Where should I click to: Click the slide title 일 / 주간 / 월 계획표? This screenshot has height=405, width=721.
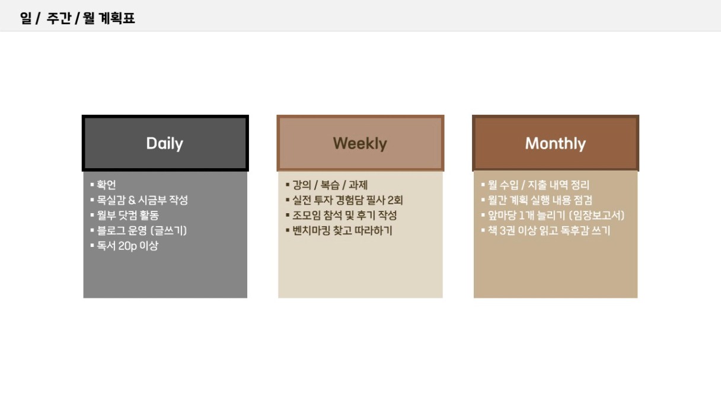coord(77,18)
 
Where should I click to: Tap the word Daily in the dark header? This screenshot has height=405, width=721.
coord(164,144)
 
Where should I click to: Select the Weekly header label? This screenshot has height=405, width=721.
coord(360,143)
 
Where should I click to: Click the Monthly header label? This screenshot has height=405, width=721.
coord(555,144)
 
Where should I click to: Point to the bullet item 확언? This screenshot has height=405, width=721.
coord(106,185)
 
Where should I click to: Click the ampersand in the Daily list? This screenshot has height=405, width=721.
coord(132,200)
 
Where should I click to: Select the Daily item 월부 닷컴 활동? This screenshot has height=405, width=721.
coord(128,216)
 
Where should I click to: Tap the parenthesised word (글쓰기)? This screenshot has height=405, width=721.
coord(168,230)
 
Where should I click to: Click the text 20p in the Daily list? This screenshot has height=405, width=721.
coord(127,246)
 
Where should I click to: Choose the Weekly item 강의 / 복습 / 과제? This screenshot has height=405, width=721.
coord(330,185)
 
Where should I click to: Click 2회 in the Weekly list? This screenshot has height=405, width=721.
coord(395,200)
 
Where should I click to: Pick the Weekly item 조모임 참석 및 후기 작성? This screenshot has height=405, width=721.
coord(344,216)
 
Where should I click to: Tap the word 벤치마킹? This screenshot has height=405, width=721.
coord(311,230)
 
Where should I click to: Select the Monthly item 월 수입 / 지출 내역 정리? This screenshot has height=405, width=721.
coord(538,185)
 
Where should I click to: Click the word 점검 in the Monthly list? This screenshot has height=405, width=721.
coord(583,200)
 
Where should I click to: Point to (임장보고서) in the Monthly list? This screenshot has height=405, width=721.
coord(596,216)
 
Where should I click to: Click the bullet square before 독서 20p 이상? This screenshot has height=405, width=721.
coord(92,245)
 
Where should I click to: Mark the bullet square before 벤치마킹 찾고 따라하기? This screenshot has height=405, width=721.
coord(288,230)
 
